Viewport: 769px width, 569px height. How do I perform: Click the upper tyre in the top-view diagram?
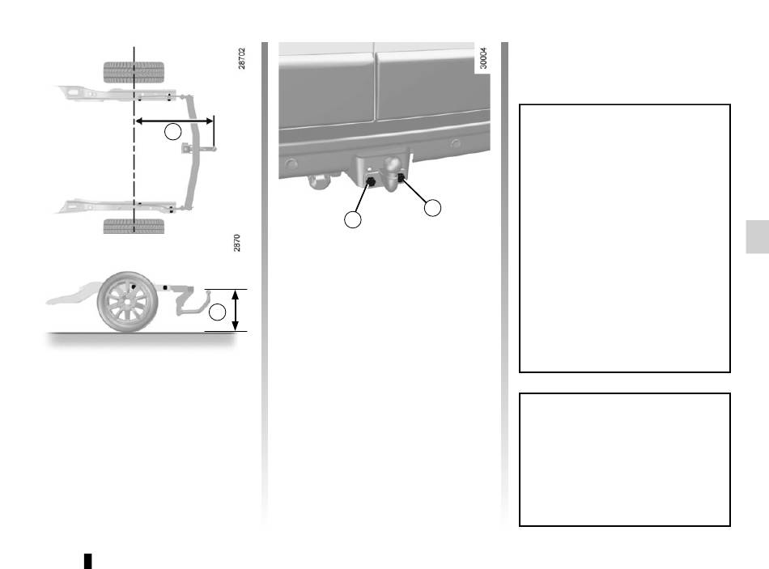[134, 72]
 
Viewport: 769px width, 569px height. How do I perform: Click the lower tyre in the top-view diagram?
[134, 226]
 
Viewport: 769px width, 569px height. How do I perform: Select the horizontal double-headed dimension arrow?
[174, 121]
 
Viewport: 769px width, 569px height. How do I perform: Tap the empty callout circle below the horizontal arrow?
[172, 131]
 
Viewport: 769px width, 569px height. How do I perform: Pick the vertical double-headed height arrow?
[236, 310]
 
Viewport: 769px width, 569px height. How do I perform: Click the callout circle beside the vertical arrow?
[217, 312]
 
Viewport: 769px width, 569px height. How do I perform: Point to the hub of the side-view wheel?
[128, 302]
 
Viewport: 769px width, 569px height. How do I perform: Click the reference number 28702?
[241, 58]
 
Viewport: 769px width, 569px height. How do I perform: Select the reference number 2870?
[237, 243]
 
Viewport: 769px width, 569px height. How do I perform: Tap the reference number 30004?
[483, 58]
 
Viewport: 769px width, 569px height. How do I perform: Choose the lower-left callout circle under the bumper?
[353, 219]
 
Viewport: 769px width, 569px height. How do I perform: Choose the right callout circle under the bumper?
[432, 207]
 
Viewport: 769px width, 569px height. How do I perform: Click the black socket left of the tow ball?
[371, 182]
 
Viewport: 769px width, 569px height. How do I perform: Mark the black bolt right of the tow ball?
[401, 177]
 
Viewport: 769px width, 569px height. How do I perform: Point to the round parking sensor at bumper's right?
[456, 143]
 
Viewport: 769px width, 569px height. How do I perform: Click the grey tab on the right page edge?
[757, 237]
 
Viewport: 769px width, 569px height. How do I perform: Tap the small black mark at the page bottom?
[87, 561]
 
